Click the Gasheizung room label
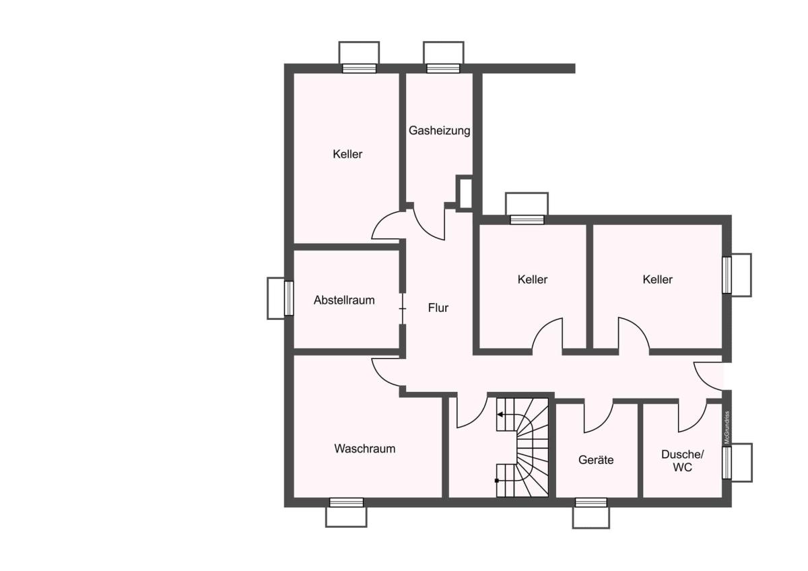(x=439, y=131)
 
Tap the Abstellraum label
(x=344, y=300)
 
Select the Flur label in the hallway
(x=438, y=308)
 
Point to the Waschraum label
(x=365, y=448)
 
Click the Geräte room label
(x=596, y=459)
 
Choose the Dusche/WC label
(x=683, y=461)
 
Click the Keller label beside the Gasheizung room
(x=347, y=154)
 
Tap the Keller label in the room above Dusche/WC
(x=658, y=279)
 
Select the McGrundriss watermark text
(x=727, y=428)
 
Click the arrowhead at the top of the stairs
(x=500, y=415)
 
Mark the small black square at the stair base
(x=497, y=481)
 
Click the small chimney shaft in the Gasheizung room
(x=465, y=193)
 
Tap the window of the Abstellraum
(x=289, y=298)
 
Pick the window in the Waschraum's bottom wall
(x=346, y=502)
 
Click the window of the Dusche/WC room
(x=727, y=463)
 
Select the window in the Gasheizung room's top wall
(x=443, y=69)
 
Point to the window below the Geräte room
(x=591, y=502)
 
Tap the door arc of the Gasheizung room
(x=424, y=230)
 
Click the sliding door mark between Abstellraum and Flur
(x=403, y=309)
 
